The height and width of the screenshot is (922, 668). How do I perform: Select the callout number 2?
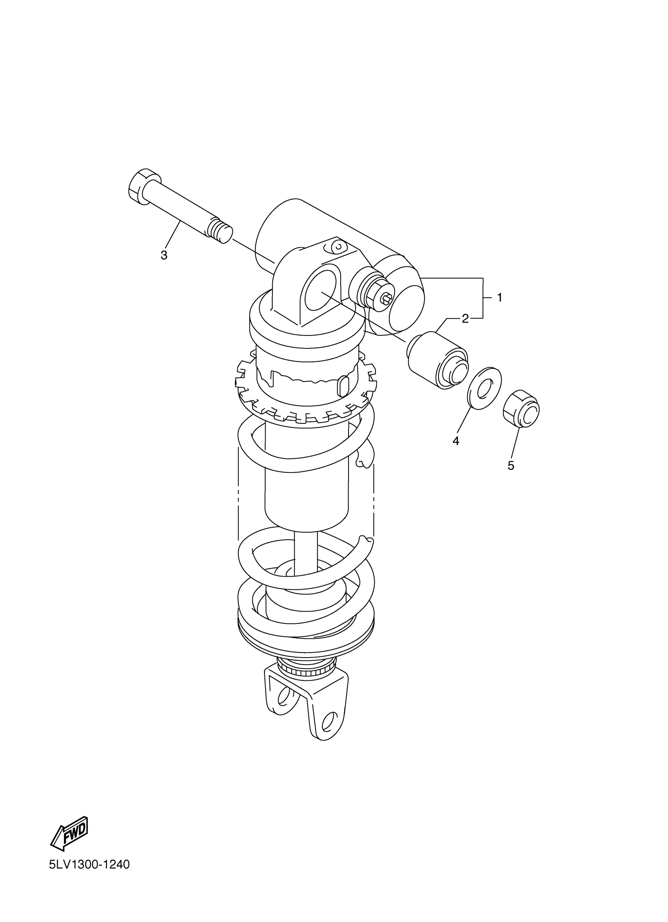pos(465,319)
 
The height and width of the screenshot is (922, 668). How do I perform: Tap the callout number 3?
pos(164,255)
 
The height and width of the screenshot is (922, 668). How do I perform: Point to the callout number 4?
pos(456,441)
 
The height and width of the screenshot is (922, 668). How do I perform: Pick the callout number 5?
pos(511,466)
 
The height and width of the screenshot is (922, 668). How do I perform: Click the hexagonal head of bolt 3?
pos(144,187)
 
